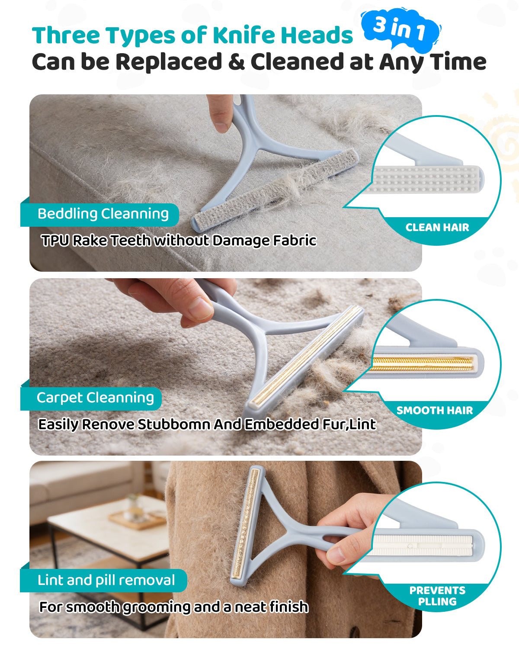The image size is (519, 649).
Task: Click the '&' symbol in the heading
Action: point(236,62)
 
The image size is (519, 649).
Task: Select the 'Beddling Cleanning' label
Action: point(103,214)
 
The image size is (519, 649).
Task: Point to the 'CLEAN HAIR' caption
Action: point(437,228)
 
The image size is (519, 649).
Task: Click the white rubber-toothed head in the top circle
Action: point(426,179)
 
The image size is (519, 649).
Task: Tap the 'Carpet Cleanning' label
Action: point(95,398)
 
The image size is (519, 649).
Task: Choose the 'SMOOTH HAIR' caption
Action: point(435,411)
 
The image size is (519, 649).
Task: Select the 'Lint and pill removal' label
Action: point(106,580)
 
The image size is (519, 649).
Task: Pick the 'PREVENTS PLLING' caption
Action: point(437,596)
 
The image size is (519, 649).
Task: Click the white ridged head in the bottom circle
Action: point(423,546)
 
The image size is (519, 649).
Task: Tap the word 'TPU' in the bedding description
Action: point(55,241)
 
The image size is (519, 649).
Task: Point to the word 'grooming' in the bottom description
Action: point(157,607)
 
